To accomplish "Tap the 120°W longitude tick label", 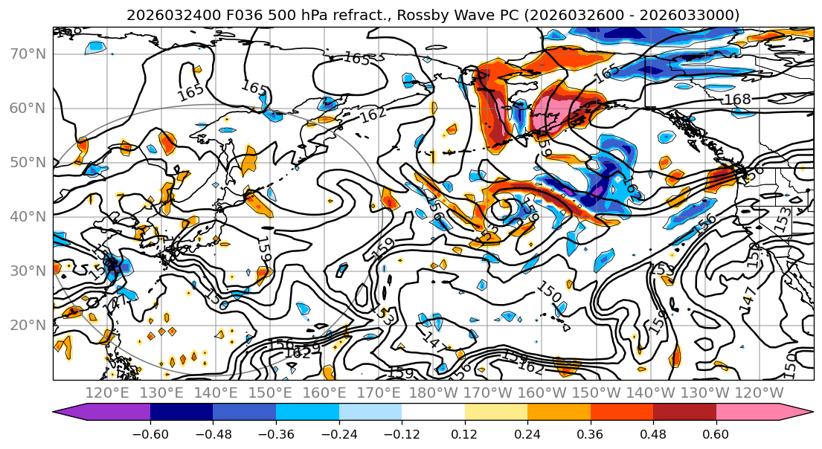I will point(760,393).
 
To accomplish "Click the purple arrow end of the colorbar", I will point(63,413).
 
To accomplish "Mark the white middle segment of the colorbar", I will point(433,413).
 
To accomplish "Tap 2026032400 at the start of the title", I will point(164,15).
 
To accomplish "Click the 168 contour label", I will point(736,100).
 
